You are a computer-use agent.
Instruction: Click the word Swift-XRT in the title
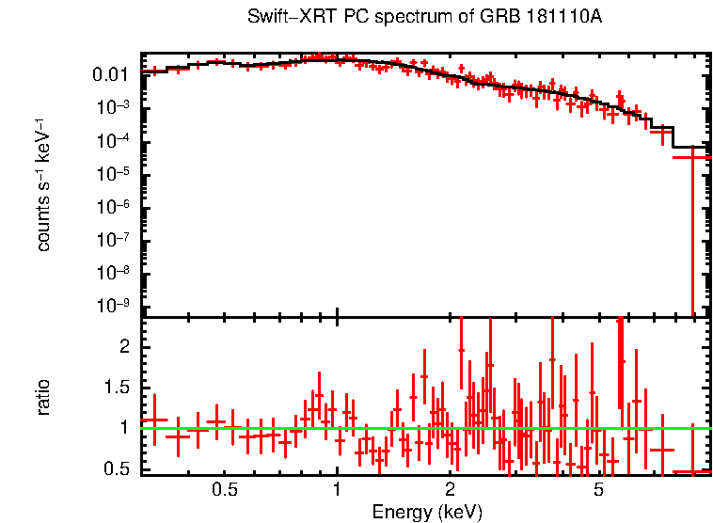(284, 18)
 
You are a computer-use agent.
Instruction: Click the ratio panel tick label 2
(122, 347)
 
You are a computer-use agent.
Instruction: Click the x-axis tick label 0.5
(224, 490)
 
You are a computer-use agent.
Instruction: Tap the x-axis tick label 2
(451, 490)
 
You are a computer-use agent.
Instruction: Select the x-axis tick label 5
(599, 490)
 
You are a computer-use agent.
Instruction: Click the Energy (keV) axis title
(427, 512)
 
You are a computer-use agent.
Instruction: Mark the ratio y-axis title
(43, 396)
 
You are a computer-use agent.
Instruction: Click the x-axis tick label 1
(337, 490)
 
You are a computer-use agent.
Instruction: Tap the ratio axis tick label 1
(122, 428)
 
